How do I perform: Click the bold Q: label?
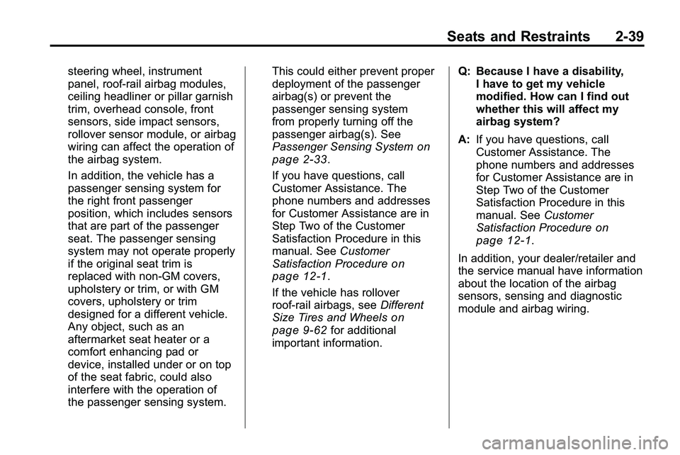(465, 72)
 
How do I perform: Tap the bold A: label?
(465, 140)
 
